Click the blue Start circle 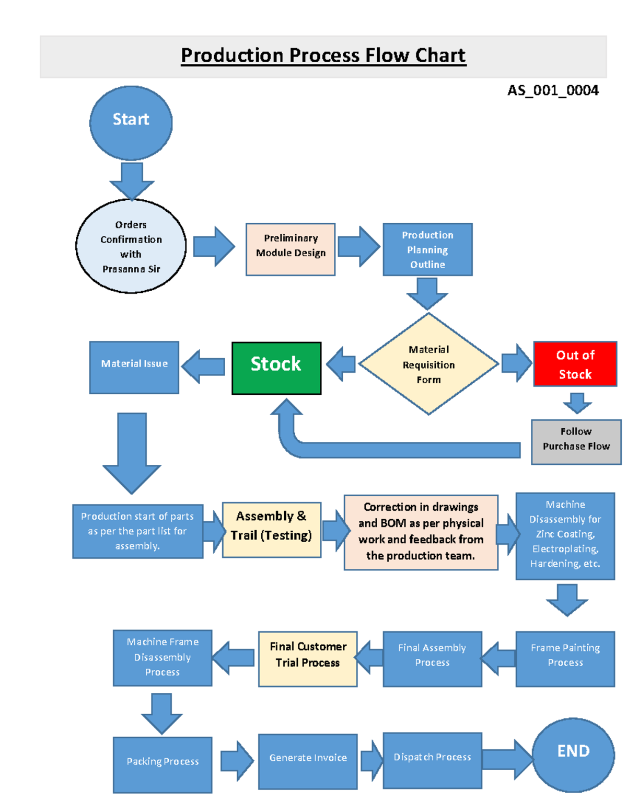click(131, 123)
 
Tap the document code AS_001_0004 click(553, 90)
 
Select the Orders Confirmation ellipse click(131, 246)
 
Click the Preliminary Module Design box click(291, 249)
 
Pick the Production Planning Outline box click(427, 249)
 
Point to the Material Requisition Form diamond click(428, 364)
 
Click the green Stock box click(276, 368)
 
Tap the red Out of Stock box click(575, 363)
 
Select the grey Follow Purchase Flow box click(576, 442)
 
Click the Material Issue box click(134, 368)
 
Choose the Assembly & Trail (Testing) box click(272, 530)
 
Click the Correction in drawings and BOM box click(421, 532)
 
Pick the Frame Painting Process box click(565, 659)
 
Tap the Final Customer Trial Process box click(308, 659)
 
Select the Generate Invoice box click(308, 762)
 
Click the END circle click(573, 755)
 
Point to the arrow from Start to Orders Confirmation click(132, 181)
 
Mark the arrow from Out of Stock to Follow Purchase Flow click(577, 403)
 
